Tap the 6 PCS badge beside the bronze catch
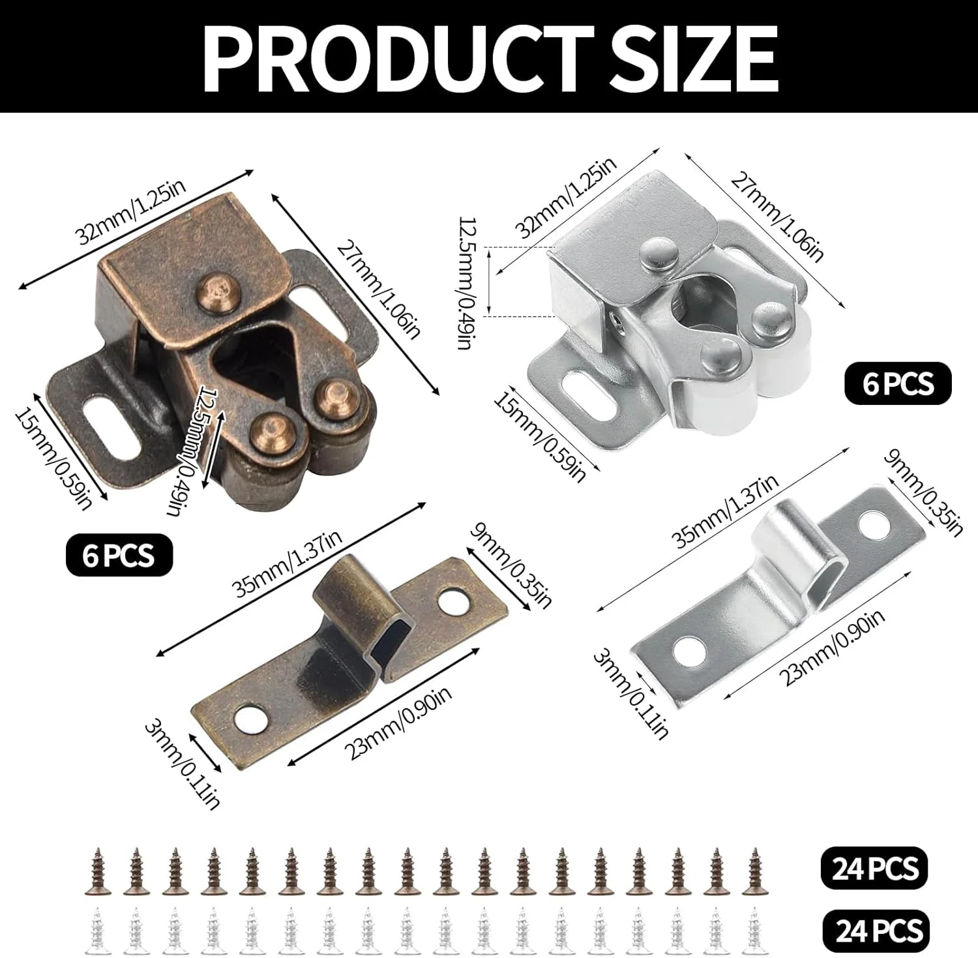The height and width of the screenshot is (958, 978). coord(119,555)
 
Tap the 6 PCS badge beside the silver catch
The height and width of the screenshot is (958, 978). coord(898,383)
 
